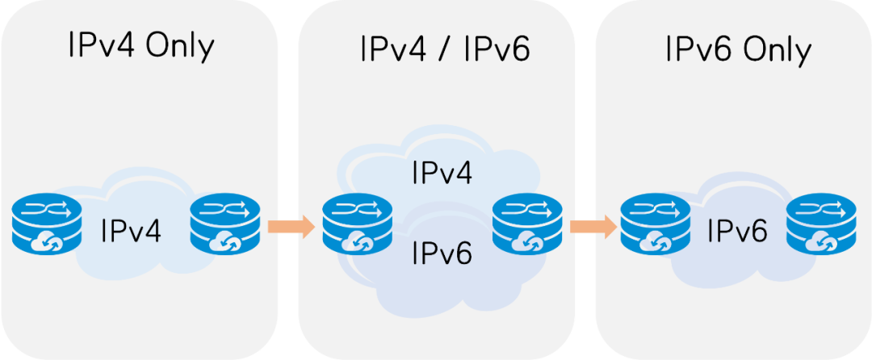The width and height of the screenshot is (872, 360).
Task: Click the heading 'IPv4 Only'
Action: click(141, 47)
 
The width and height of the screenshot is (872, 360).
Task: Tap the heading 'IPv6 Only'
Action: click(737, 49)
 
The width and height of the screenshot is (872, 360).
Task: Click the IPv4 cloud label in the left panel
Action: click(132, 232)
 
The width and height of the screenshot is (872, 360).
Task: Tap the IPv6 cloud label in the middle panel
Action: click(442, 254)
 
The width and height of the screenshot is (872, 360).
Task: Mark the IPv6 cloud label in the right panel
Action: click(737, 232)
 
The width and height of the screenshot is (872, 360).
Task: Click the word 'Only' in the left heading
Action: click(179, 47)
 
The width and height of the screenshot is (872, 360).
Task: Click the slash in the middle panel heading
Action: click(443, 49)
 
